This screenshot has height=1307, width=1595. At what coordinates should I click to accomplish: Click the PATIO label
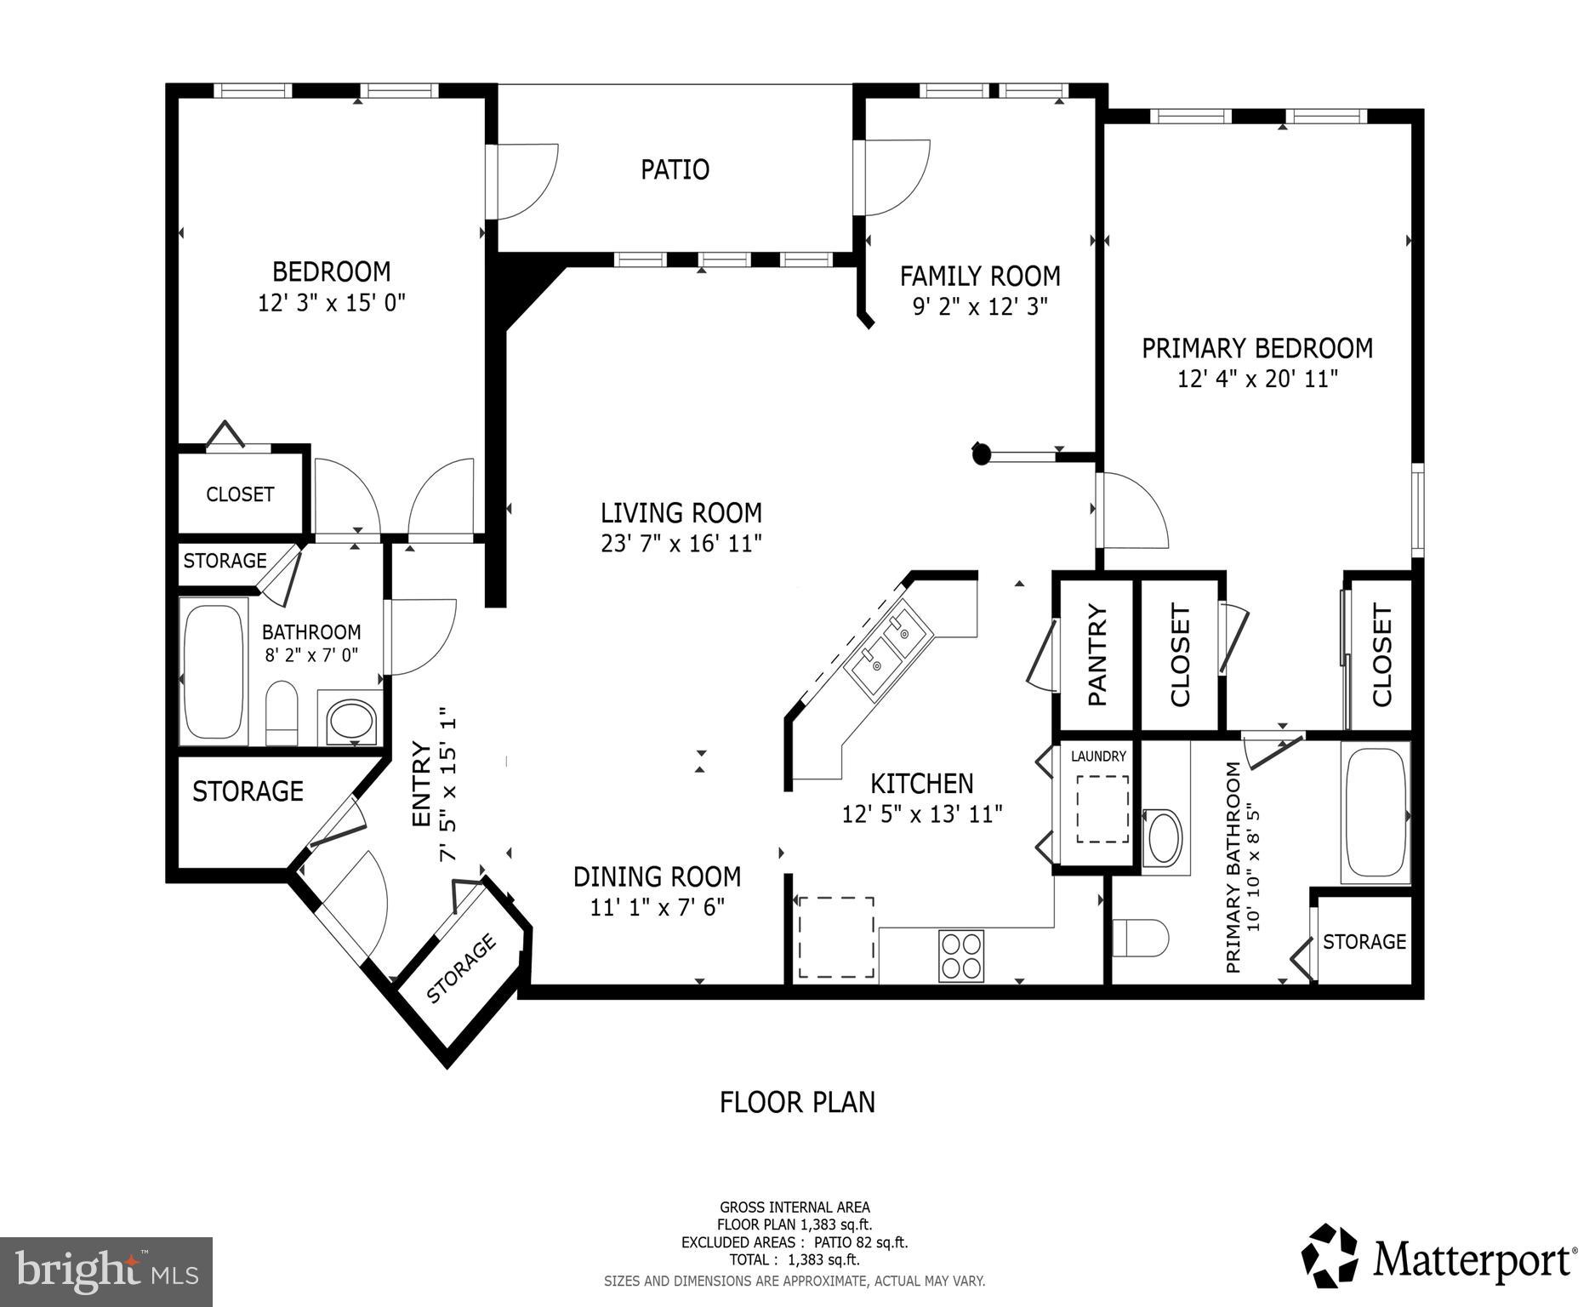tap(675, 169)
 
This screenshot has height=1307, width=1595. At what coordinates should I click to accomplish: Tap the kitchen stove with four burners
tap(961, 955)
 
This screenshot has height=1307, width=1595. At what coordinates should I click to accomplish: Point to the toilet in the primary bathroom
tap(1140, 938)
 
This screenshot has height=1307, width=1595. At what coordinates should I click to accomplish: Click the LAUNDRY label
tap(1098, 756)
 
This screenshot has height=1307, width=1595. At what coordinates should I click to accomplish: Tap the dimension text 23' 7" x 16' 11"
tap(681, 544)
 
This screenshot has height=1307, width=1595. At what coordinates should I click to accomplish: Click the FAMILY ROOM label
tap(980, 277)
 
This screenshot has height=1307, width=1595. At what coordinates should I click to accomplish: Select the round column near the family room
tap(982, 454)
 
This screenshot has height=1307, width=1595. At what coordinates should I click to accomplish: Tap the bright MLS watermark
tap(106, 1271)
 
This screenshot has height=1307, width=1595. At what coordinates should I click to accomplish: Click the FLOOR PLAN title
tap(797, 1102)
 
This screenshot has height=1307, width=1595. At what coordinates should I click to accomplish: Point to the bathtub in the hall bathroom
tap(213, 671)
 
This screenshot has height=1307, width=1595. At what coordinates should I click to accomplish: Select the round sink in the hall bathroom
tap(351, 722)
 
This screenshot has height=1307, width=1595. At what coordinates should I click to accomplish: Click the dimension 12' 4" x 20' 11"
tap(1257, 379)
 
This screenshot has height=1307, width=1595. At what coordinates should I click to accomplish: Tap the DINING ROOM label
tap(657, 876)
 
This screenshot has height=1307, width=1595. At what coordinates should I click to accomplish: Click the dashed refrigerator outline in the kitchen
tap(835, 937)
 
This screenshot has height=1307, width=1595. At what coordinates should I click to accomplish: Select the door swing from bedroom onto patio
tap(525, 181)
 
